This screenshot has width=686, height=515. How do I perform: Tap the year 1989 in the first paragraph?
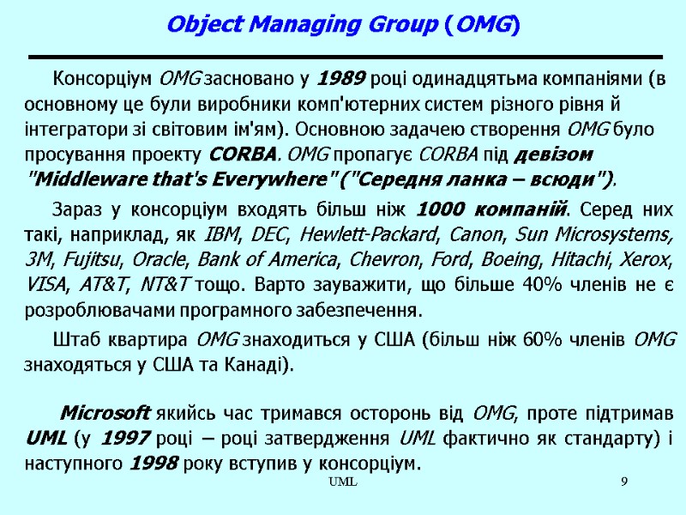coord(341,82)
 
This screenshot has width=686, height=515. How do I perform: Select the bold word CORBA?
coord(243,155)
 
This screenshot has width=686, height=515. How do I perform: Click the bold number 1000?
coord(442,209)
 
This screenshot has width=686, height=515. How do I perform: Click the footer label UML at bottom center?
coord(343,486)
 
